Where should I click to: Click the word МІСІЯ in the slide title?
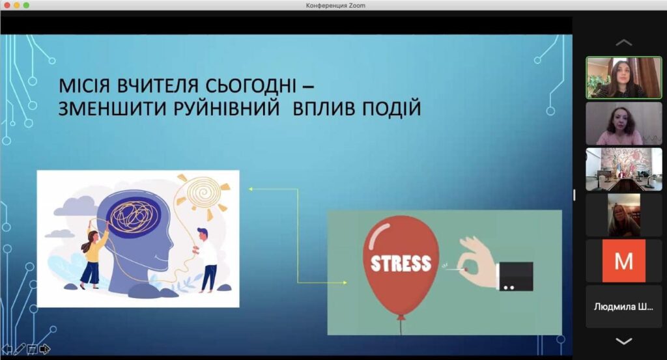pyautogui.click(x=85, y=85)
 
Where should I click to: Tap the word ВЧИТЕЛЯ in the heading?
pyautogui.click(x=158, y=85)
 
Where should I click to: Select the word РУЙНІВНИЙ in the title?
pyautogui.click(x=226, y=108)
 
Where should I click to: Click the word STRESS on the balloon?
pyautogui.click(x=401, y=264)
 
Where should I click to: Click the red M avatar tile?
pyautogui.click(x=623, y=260)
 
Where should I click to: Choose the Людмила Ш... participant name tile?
pyautogui.click(x=623, y=307)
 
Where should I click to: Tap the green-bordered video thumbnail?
pyautogui.click(x=623, y=77)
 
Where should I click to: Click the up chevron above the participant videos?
pyautogui.click(x=623, y=42)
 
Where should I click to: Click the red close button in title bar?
pyautogui.click(x=7, y=5)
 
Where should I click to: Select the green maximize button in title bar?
pyautogui.click(x=26, y=5)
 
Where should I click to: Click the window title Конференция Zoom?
pyautogui.click(x=335, y=5)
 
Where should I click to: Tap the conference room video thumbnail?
pyautogui.click(x=623, y=169)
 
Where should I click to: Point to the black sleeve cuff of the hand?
pyautogui.click(x=516, y=276)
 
